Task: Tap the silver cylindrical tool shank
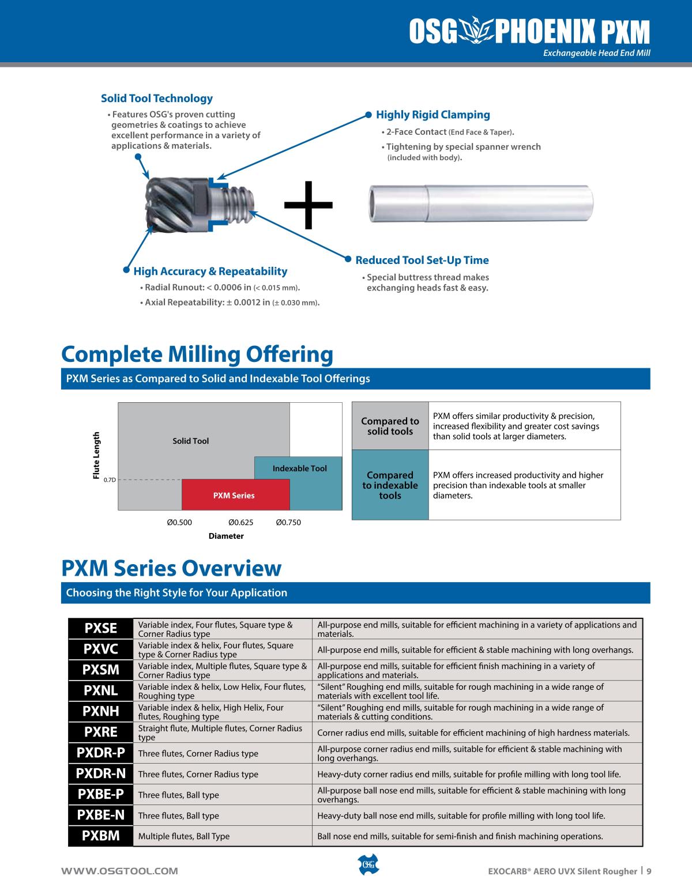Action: tap(481, 202)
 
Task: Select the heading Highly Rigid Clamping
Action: tap(432, 115)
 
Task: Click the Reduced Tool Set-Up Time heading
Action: tap(422, 260)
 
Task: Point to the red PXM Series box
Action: tap(234, 495)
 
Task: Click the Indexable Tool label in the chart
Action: tap(299, 469)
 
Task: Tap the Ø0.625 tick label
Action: tap(240, 523)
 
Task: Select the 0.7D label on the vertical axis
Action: tap(110, 479)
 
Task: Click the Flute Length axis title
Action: tap(96, 455)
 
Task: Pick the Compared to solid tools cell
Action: tap(390, 426)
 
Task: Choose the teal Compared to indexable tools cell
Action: tap(390, 485)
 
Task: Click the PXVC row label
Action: tap(100, 649)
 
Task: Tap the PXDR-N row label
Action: tap(100, 774)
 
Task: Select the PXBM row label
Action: tap(100, 836)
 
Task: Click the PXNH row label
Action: tap(100, 712)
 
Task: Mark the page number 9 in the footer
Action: tap(649, 871)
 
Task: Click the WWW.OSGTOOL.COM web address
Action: tap(120, 871)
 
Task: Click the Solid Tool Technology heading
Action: tap(157, 99)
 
